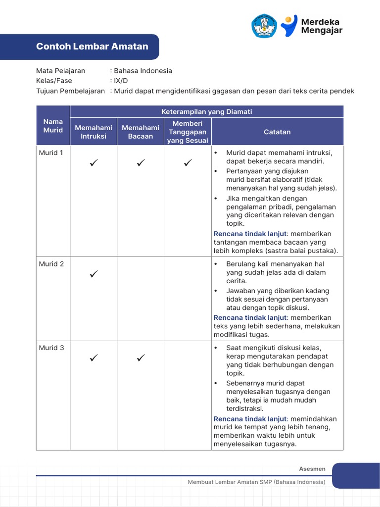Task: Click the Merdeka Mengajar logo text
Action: coord(322,26)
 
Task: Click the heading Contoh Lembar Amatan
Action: coord(92,47)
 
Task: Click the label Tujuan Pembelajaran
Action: coord(70,91)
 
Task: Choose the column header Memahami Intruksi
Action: coord(94,132)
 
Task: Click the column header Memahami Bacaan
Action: coord(141,132)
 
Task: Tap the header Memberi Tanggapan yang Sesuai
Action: coord(188,132)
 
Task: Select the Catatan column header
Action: coord(277,132)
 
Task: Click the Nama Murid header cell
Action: coord(53,126)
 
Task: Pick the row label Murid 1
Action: coord(51,153)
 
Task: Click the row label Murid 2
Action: coord(51,264)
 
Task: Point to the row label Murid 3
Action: coord(51,348)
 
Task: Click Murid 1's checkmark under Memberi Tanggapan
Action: coord(188,162)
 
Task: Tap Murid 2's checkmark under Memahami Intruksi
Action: coord(94,273)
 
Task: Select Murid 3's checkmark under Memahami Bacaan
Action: coord(141,357)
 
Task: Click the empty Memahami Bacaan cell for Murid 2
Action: coord(141,299)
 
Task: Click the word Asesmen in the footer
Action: coord(312,469)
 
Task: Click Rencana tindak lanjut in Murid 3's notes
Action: coord(250,418)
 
